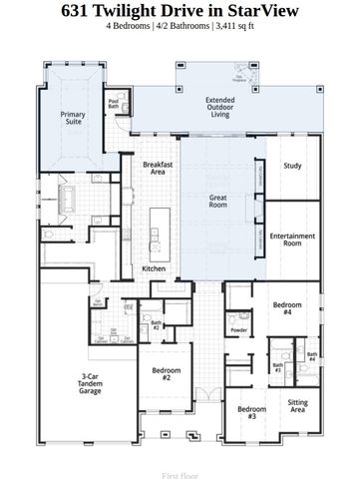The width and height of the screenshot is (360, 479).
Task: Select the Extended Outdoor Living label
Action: coord(219,107)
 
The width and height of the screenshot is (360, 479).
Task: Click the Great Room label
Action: coord(217,202)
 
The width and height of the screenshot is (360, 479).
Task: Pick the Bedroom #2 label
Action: coord(167,374)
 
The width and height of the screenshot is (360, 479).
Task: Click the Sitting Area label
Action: coord(297,406)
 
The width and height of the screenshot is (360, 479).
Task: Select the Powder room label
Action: coord(238,329)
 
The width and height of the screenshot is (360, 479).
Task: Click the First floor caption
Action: coord(180,466)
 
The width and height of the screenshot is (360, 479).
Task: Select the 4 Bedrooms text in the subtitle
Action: coord(132,27)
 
